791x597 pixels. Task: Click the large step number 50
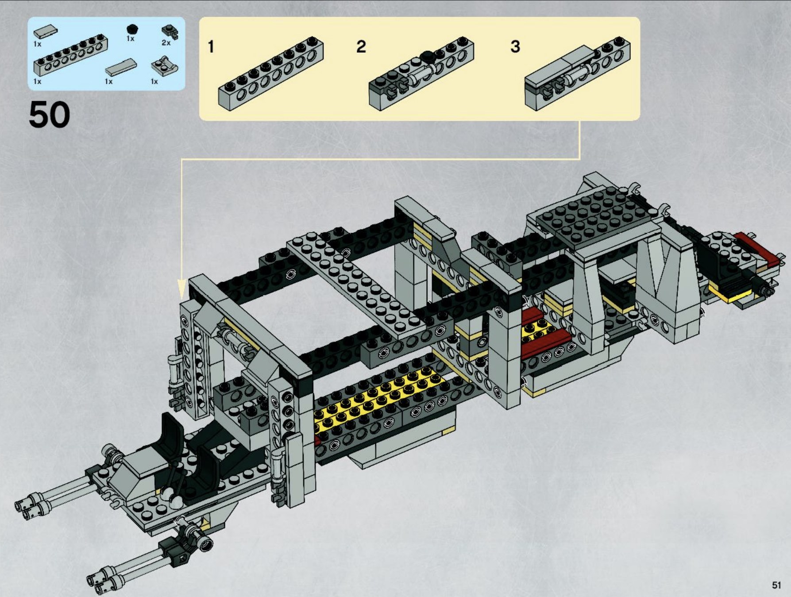(50, 114)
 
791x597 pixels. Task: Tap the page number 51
(776, 585)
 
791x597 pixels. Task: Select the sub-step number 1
(211, 46)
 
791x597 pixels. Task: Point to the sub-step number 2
(361, 46)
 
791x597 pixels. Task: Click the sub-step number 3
(515, 46)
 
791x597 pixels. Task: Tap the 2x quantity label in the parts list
(166, 43)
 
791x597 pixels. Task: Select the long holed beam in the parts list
(71, 56)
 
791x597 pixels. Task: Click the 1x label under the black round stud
(130, 39)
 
